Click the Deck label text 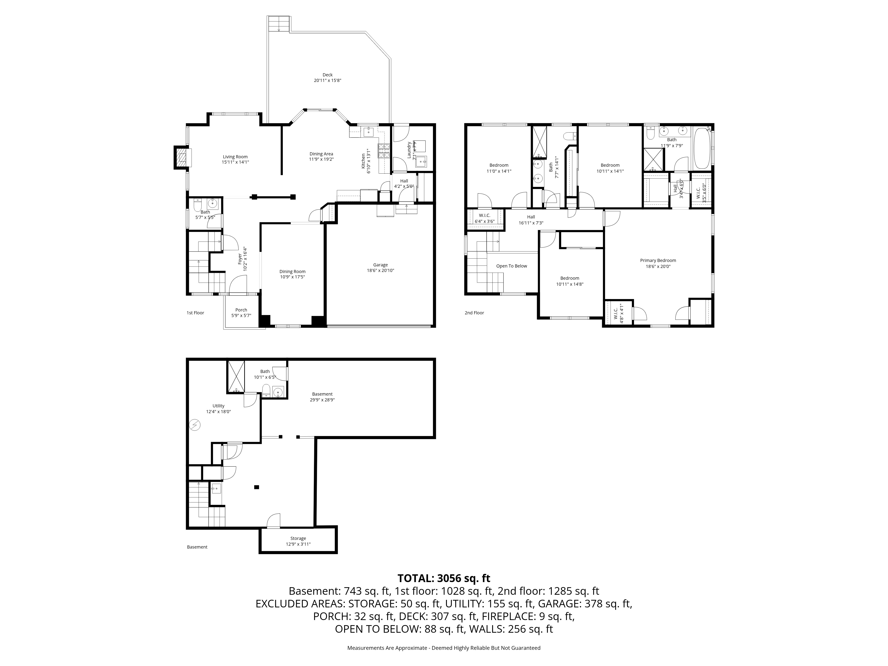[328, 75]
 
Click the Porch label [241, 310]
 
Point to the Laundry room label [409, 150]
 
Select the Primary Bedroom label [658, 261]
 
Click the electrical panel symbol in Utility [195, 425]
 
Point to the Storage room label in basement [298, 538]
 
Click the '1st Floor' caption [196, 313]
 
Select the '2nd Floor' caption [474, 313]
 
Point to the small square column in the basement [257, 487]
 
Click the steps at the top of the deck [279, 24]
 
